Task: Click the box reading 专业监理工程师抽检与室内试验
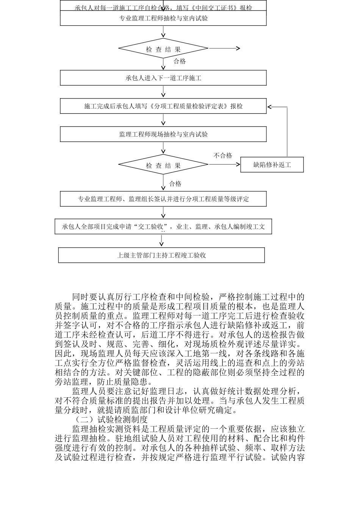coord(163,18)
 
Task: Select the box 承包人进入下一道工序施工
coord(163,78)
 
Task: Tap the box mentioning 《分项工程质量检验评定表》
coord(163,106)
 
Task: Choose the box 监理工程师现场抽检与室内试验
coord(163,134)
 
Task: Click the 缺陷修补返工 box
coord(272,165)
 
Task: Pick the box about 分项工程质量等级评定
coord(163,199)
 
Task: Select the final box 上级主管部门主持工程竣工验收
coord(161,255)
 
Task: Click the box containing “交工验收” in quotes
coord(163,227)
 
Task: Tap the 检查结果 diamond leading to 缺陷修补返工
coord(163,166)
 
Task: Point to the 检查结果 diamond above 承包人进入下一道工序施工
coord(163,49)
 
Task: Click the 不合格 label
coord(223,156)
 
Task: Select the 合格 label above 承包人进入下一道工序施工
coord(180,61)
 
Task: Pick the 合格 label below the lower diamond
coord(175,184)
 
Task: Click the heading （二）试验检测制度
coord(112,420)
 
